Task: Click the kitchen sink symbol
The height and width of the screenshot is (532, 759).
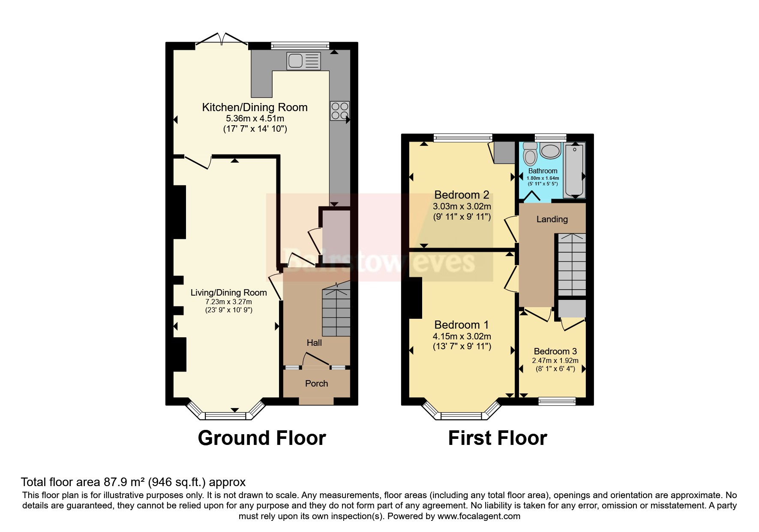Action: coord(303,60)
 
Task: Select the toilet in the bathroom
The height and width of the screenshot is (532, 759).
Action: coord(530,154)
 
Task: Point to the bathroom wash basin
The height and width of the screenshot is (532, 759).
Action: coord(550,151)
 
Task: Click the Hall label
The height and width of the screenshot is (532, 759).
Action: coord(314,342)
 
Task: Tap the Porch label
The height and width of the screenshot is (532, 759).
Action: coord(316,383)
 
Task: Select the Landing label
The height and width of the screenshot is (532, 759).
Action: coord(552,219)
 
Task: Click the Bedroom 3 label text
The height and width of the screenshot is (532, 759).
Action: coord(555,351)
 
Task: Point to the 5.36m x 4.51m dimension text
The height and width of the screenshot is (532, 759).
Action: coord(255,118)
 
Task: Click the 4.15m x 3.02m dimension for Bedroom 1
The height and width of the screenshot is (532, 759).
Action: coord(462,336)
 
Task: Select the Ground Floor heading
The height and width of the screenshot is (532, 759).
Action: coord(262,438)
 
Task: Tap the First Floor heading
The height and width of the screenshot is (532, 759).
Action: coord(497,438)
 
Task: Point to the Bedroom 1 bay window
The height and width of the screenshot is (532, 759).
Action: coord(462,414)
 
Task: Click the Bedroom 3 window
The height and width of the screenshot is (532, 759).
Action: coord(557,401)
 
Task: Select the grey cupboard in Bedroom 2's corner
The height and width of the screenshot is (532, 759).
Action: coord(504,152)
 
